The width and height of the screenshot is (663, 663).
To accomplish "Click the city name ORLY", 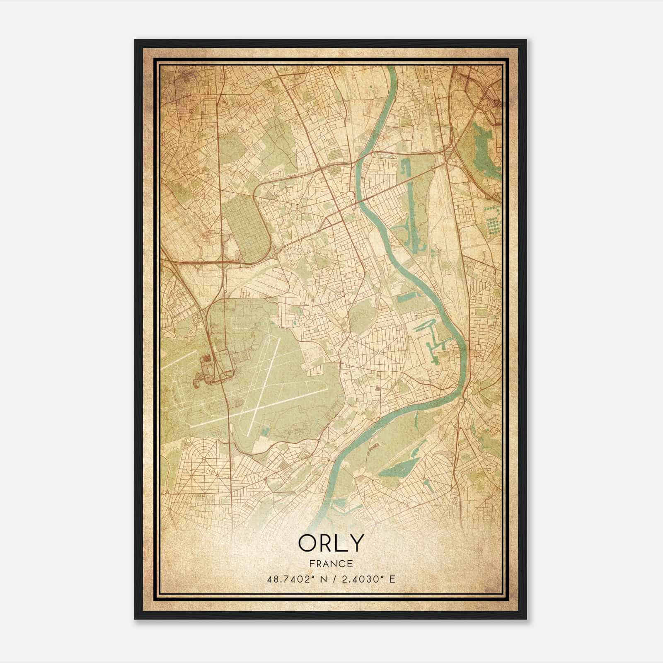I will point(331,543).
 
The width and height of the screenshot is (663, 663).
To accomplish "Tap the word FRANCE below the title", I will point(331,564).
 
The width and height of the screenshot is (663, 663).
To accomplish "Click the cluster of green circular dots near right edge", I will point(492,219).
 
